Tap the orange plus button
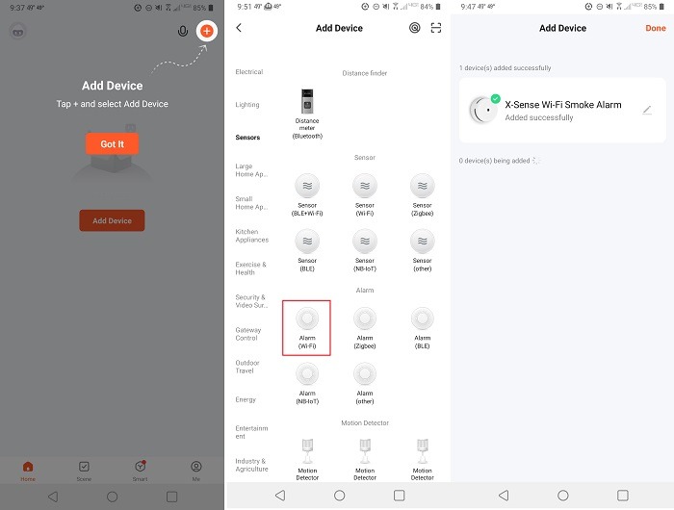pyautogui.click(x=206, y=31)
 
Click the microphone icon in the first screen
pyautogui.click(x=183, y=31)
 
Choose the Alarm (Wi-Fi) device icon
pyautogui.click(x=307, y=319)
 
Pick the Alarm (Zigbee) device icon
pyautogui.click(x=365, y=319)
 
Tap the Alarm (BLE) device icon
pyautogui.click(x=422, y=319)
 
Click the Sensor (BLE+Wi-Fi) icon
pyautogui.click(x=307, y=186)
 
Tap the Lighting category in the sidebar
pyautogui.click(x=247, y=105)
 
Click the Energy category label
pyautogui.click(x=246, y=399)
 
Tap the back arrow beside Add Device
pyautogui.click(x=239, y=28)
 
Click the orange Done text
pyautogui.click(x=655, y=28)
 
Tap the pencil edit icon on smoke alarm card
pyautogui.click(x=647, y=111)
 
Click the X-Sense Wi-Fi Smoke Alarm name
pyautogui.click(x=563, y=104)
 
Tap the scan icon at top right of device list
pyautogui.click(x=436, y=28)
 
